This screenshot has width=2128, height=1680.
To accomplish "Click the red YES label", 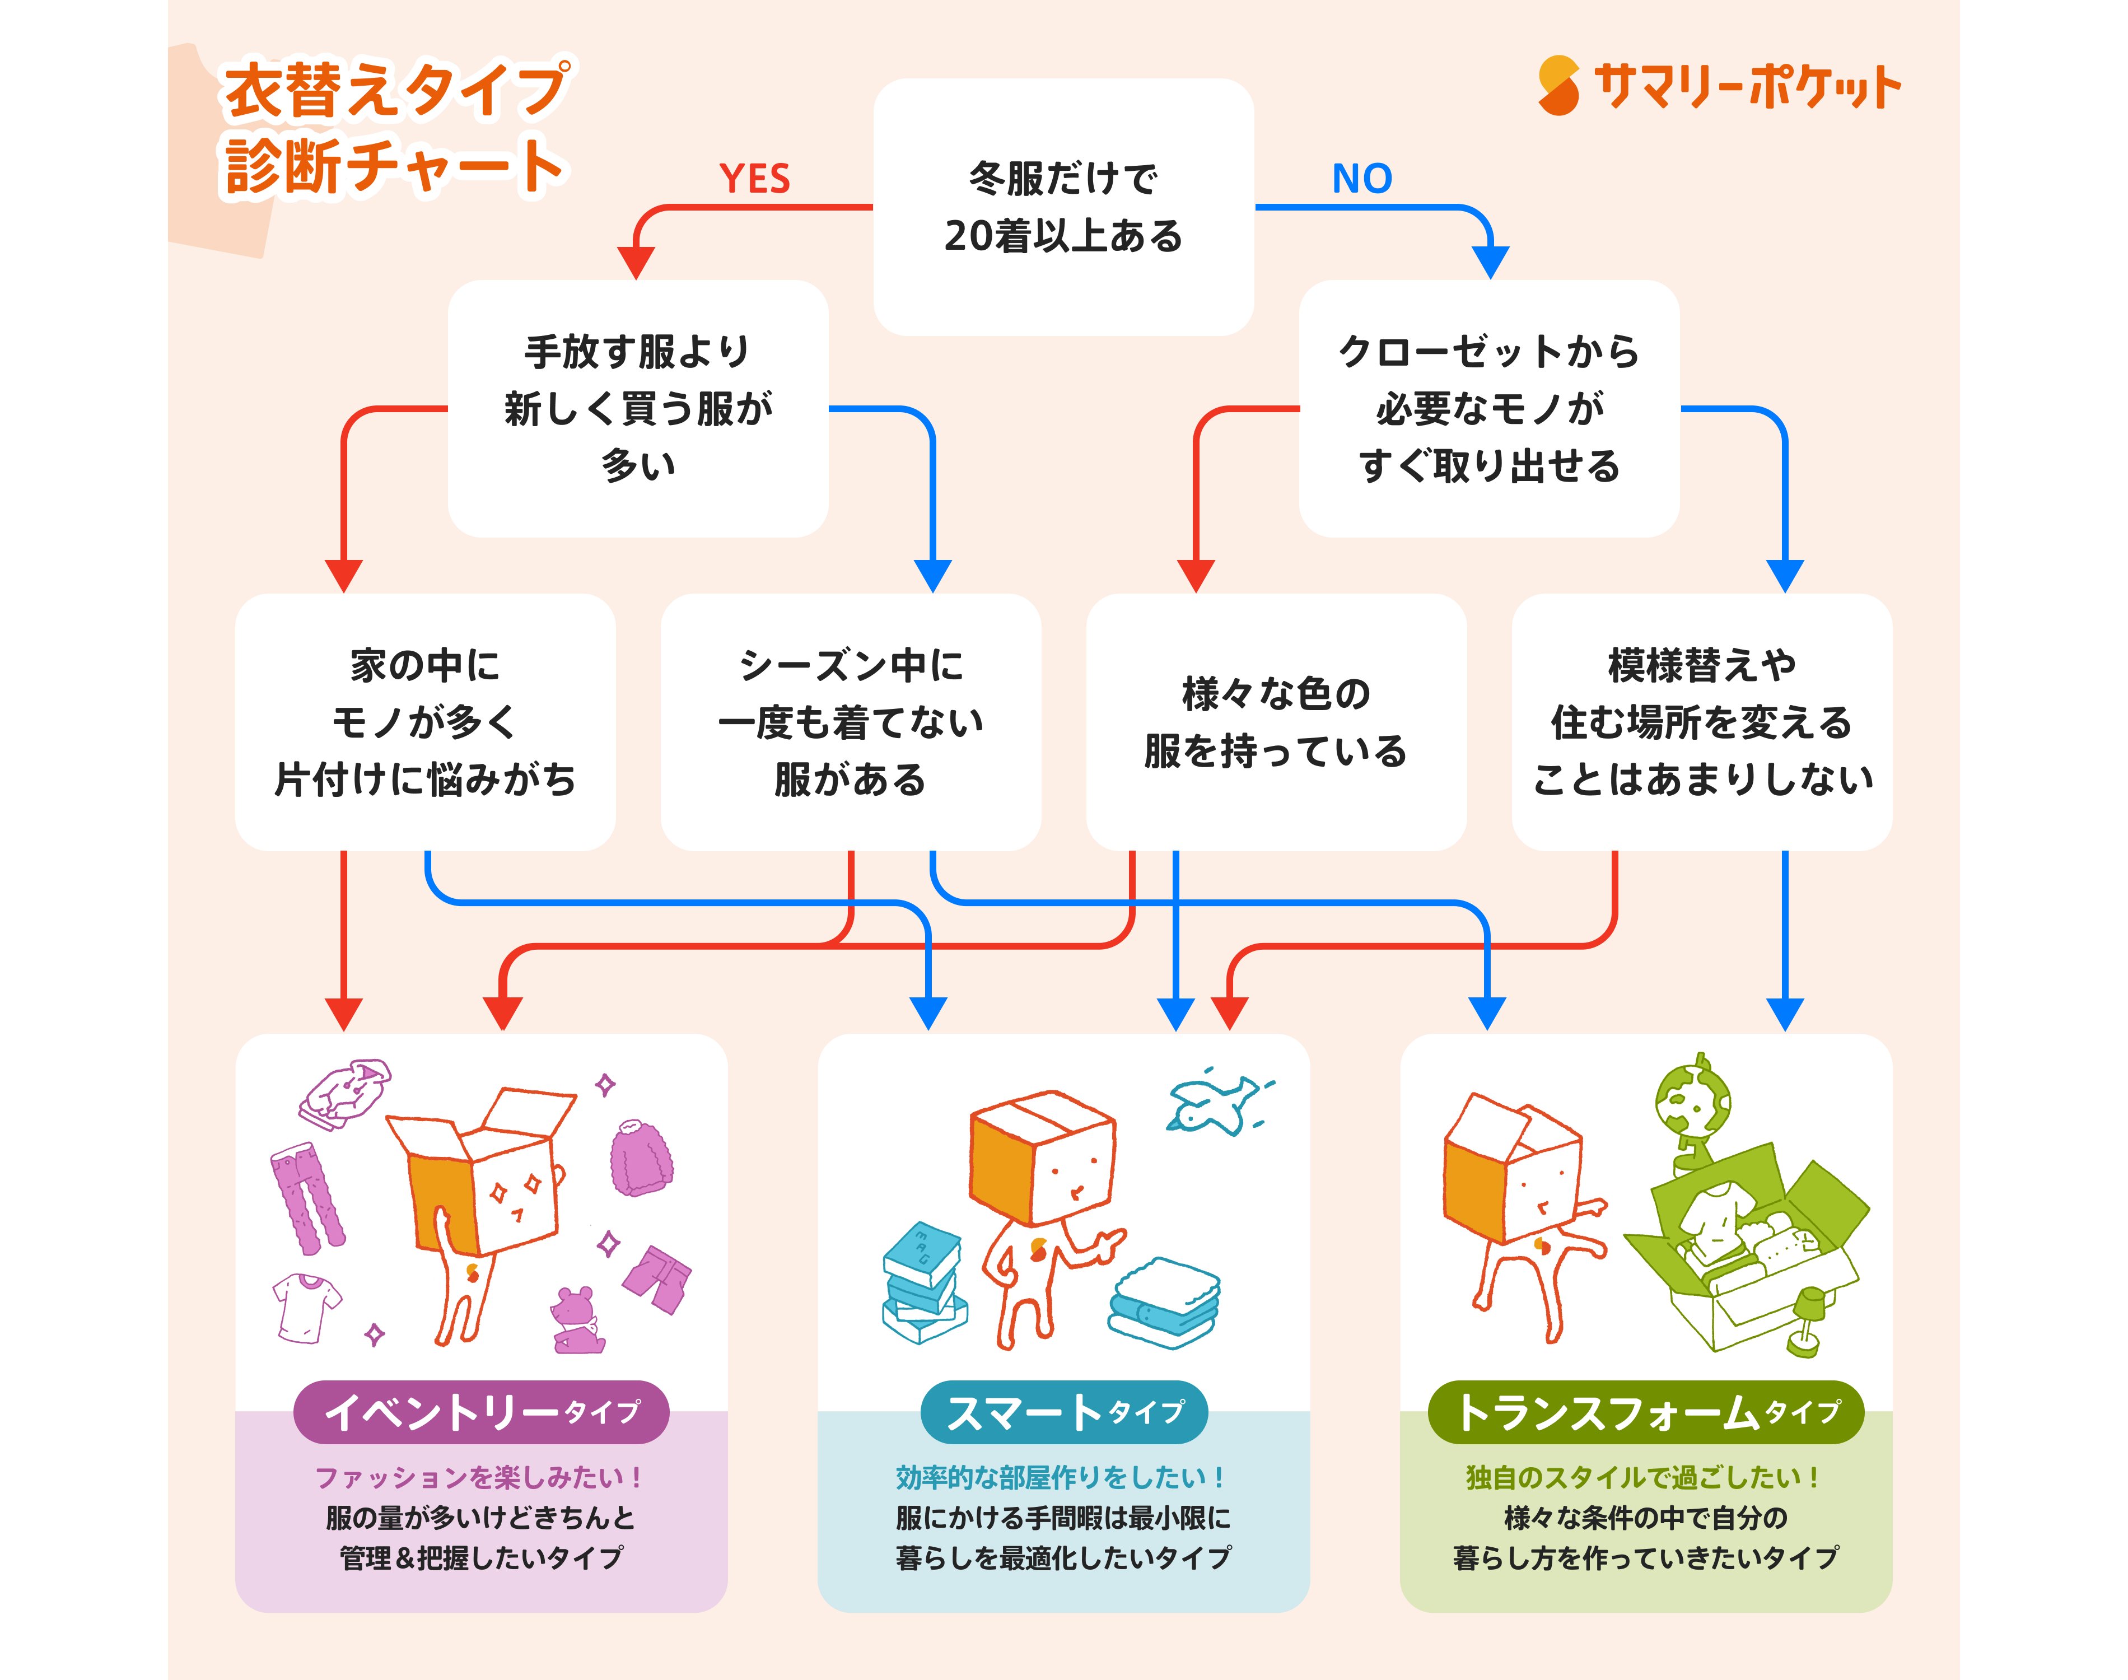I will coord(754,179).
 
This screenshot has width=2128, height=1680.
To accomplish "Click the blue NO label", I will coord(1362,179).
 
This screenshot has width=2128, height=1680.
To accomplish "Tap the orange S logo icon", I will coord(1558,86).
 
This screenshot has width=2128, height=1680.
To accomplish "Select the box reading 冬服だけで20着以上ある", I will coord(1063,208).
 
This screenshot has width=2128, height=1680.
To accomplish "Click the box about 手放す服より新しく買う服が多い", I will coord(637,408).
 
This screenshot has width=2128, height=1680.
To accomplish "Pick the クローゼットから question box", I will coord(1489,408).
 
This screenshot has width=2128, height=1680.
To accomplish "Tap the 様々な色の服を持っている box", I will coord(1276,722).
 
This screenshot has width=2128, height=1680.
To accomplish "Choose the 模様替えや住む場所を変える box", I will coord(1701,722).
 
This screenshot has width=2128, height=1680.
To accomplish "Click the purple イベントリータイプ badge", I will coord(481,1412).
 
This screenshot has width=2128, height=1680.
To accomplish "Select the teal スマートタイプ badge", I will coord(1063,1412).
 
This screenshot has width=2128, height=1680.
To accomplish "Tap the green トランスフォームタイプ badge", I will coord(1645,1412).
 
